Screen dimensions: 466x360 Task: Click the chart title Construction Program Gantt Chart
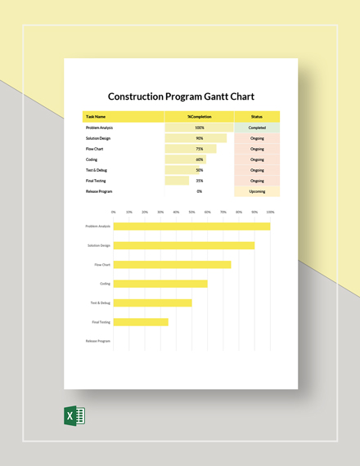(181, 96)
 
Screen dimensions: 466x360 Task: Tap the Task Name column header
(96, 117)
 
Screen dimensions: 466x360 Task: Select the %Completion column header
(199, 117)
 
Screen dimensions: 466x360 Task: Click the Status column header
(257, 117)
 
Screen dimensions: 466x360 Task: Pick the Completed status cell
(257, 128)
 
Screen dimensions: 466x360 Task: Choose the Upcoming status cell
(257, 191)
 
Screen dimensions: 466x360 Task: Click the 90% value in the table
(200, 138)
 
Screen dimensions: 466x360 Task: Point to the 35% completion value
(200, 181)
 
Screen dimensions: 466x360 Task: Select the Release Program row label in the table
(99, 191)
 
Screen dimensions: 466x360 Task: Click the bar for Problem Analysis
(191, 226)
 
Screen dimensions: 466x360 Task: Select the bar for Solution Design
(183, 245)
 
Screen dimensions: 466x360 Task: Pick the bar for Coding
(160, 284)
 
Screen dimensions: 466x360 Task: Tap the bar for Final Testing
(141, 322)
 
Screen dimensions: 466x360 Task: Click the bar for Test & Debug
(152, 302)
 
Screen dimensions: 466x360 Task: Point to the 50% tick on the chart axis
(191, 212)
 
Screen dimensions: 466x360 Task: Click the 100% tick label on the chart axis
(269, 212)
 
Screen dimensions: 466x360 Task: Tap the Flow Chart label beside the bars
(102, 265)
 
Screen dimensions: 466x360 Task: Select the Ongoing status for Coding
(257, 159)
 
